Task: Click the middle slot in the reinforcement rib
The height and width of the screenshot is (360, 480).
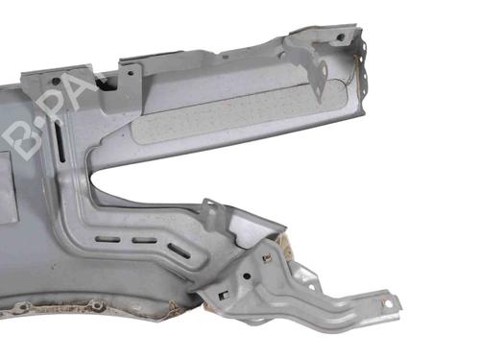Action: point(144,241)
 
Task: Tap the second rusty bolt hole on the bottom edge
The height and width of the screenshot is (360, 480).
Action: point(96,305)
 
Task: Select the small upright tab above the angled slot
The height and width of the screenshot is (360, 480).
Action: point(207,207)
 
